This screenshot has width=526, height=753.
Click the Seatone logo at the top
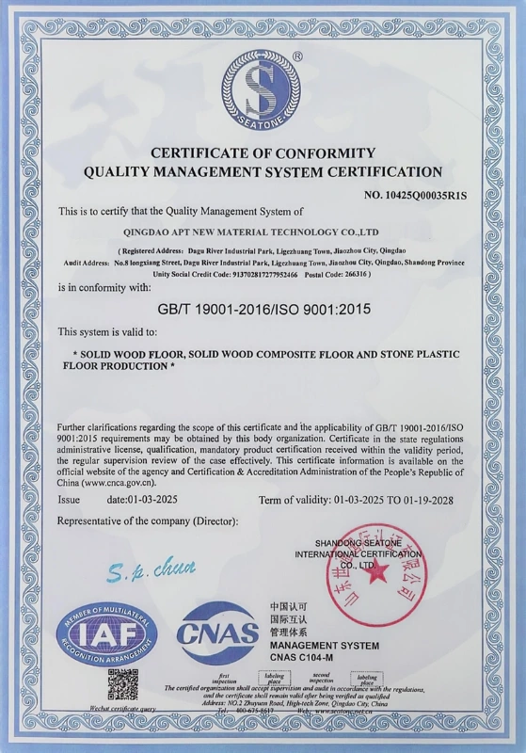(x=263, y=91)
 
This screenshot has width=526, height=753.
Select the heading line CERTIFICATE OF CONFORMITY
(x=263, y=152)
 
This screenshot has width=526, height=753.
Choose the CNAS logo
(x=217, y=632)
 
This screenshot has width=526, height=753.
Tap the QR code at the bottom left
(x=122, y=684)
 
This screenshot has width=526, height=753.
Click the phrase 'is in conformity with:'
(x=104, y=286)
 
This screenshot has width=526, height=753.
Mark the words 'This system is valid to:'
(x=108, y=332)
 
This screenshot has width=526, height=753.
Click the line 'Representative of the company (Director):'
(x=149, y=521)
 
